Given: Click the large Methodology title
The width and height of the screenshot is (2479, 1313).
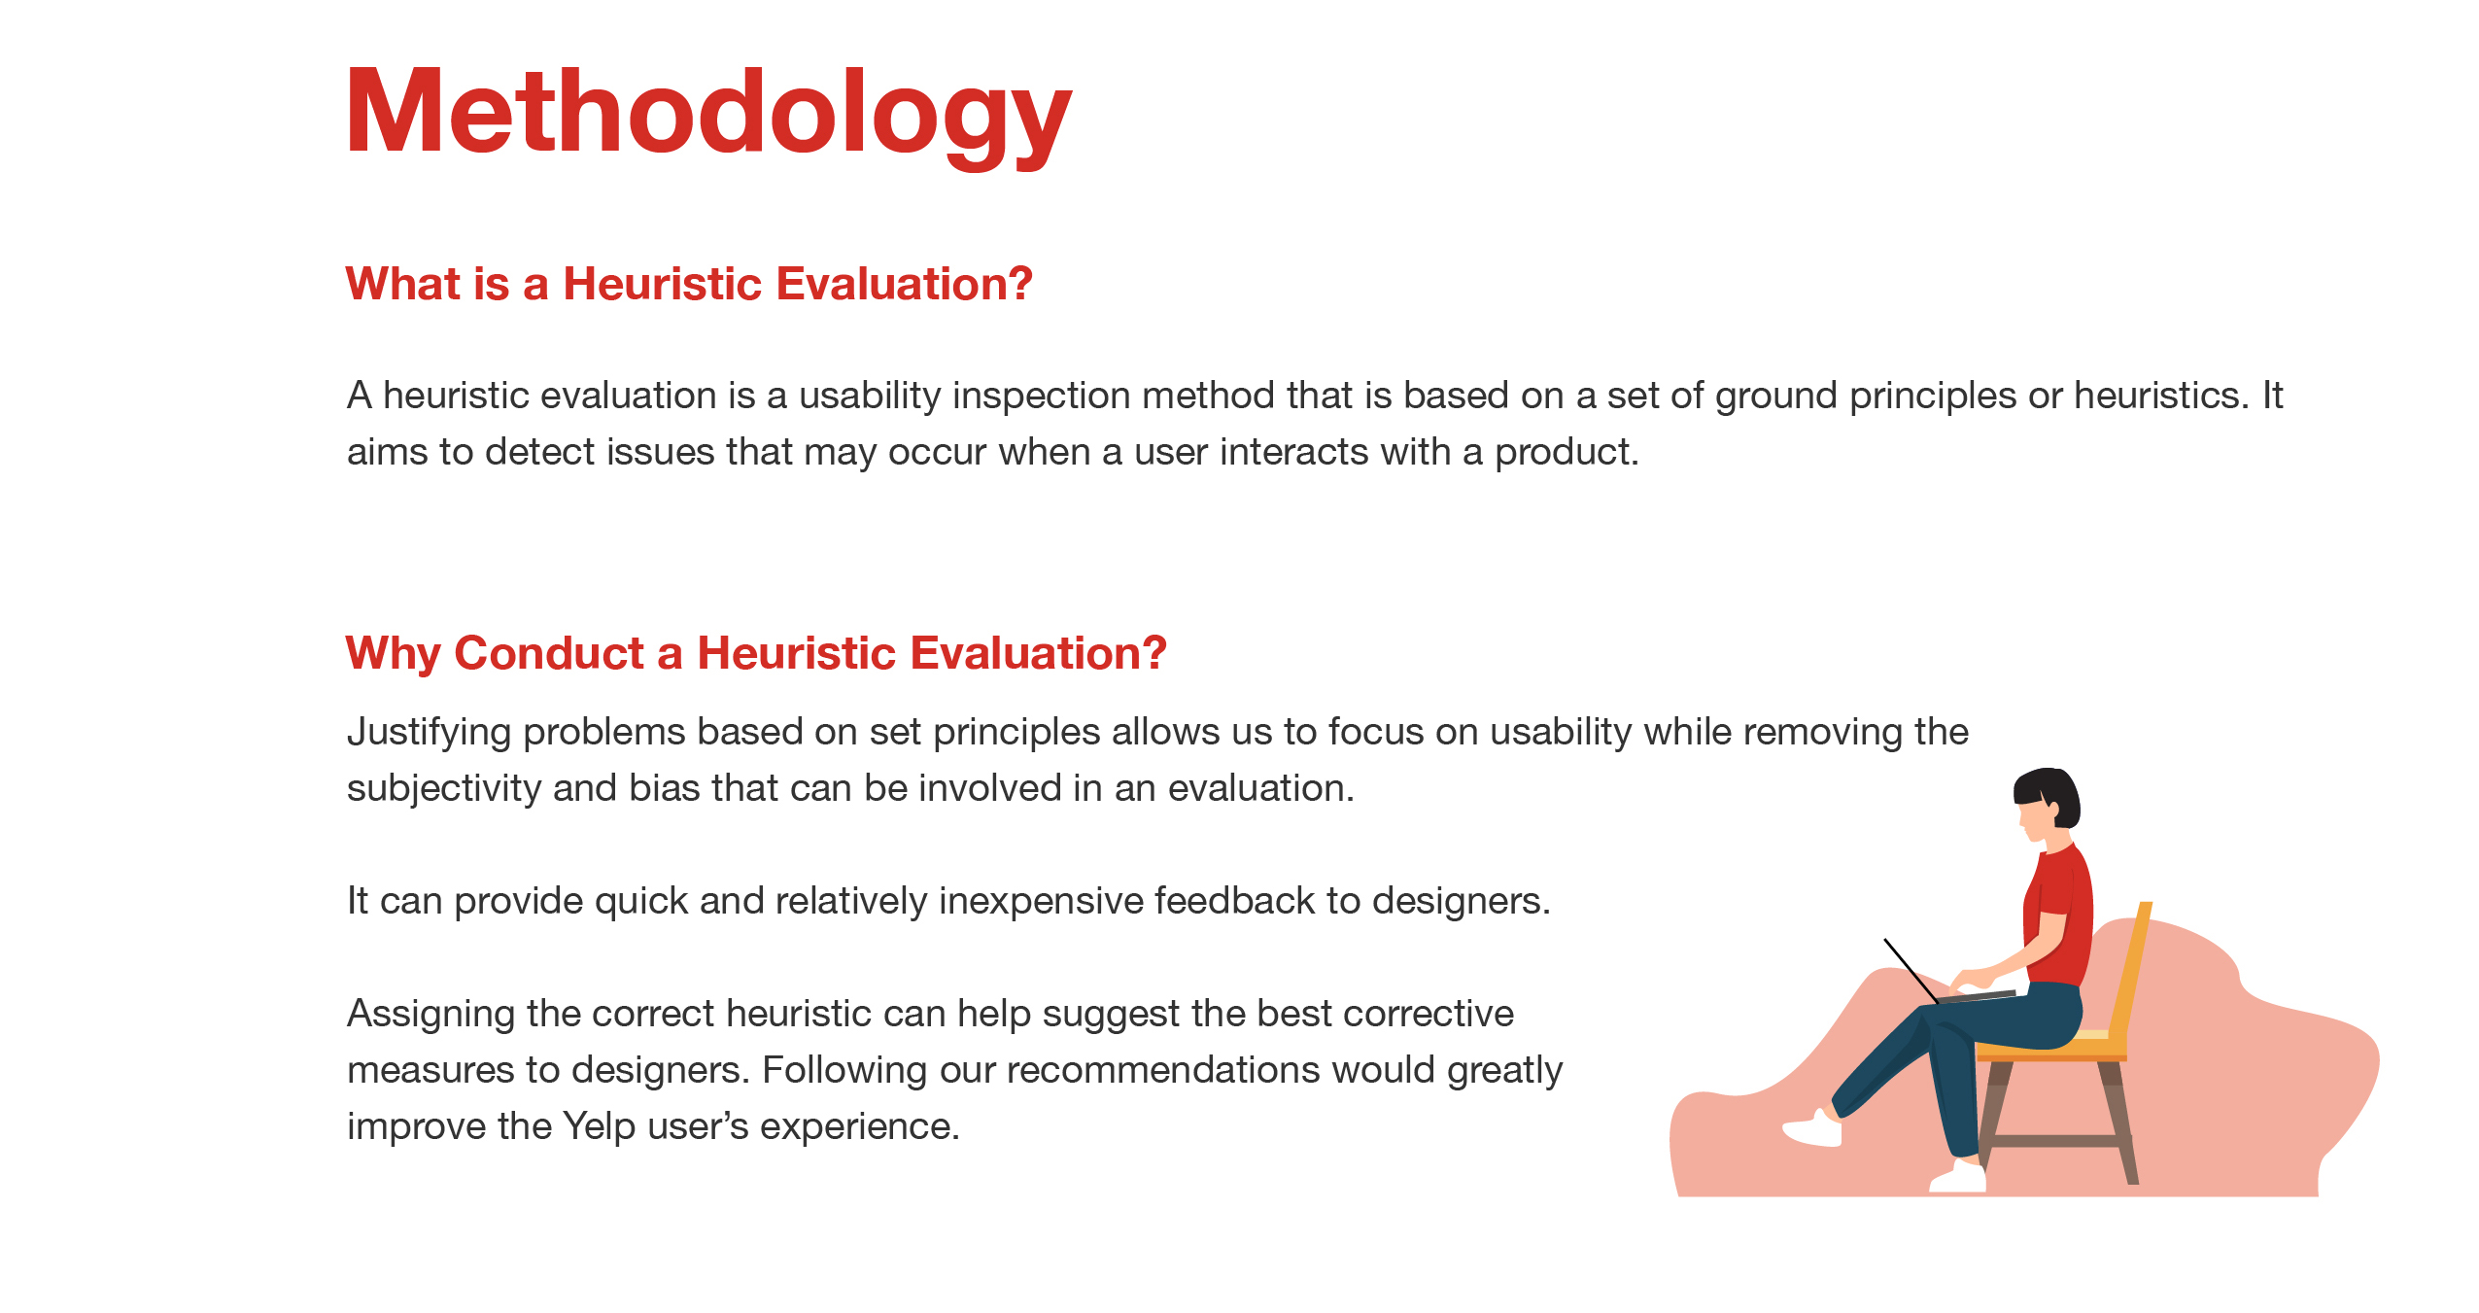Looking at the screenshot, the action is point(708,115).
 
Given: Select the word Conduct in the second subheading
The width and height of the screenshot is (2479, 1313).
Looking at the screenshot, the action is point(549,652).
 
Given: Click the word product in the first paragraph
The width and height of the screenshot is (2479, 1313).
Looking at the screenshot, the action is point(1566,453).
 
